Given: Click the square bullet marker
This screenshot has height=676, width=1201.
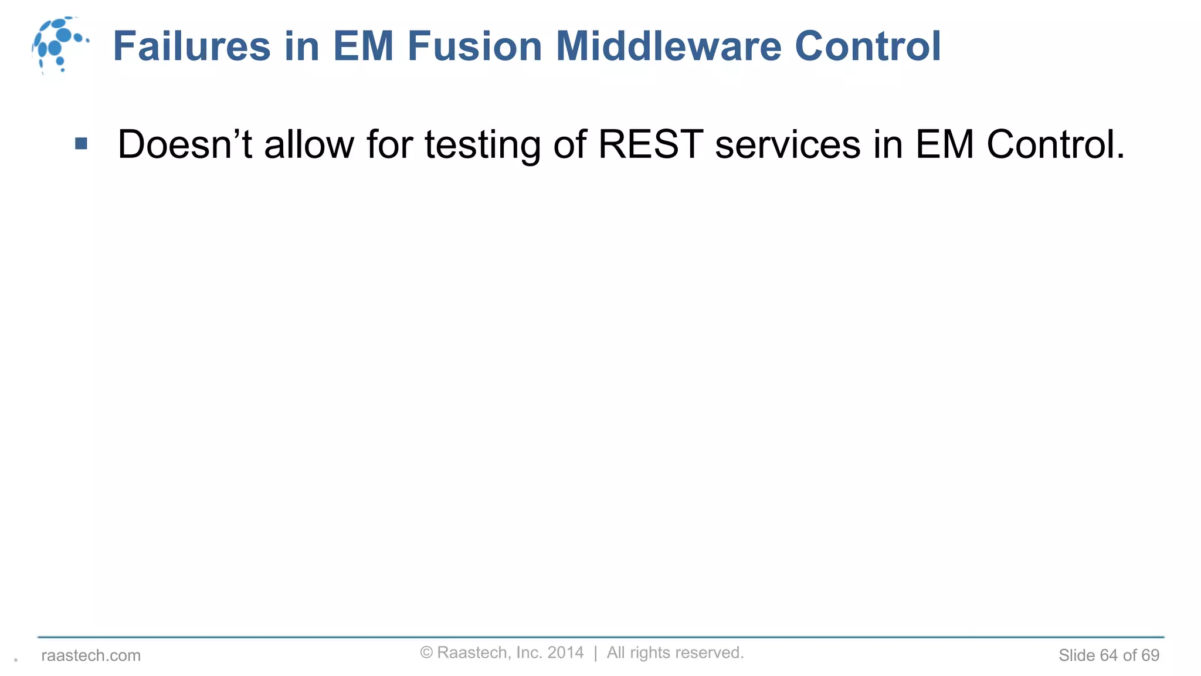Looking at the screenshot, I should point(82,144).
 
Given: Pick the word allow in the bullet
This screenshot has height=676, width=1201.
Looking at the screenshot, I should point(309,144).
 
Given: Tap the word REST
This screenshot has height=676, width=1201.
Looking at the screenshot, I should point(650,144).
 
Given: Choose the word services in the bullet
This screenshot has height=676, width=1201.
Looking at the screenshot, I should point(788,144).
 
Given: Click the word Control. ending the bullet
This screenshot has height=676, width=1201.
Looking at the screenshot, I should point(1055,144).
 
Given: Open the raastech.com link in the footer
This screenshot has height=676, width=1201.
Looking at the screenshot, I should point(91,655).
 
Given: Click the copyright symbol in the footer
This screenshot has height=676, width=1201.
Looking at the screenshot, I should point(426,653).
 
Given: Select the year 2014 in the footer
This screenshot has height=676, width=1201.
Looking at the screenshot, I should point(565,653).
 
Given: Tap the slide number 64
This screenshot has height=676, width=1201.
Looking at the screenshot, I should point(1108,655).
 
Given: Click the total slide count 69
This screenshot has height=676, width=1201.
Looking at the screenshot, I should point(1150,655).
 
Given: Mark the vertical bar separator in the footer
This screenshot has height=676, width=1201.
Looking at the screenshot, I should point(595,653).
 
